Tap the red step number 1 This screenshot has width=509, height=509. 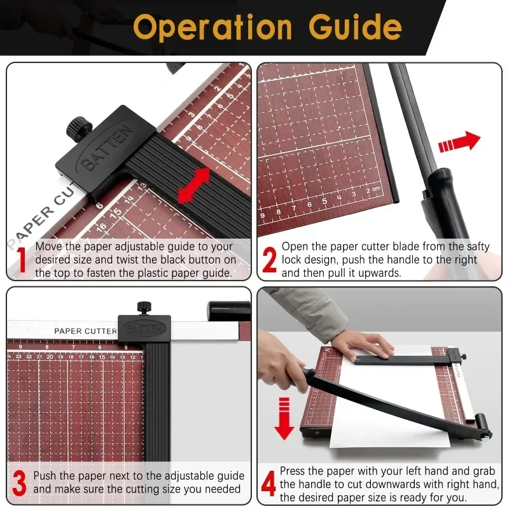20,260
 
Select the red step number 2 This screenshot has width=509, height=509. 270,260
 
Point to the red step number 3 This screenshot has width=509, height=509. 20,484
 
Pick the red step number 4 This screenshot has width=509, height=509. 269,484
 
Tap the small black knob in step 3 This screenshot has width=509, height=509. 144,309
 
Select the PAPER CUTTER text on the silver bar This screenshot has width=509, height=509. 85,331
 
